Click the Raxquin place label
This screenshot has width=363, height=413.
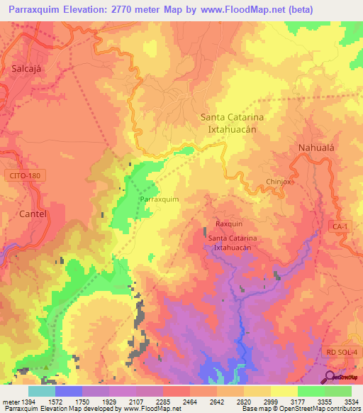click(x=228, y=223)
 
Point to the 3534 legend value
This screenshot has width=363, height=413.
click(x=352, y=402)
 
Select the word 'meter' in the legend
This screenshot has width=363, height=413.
click(x=10, y=402)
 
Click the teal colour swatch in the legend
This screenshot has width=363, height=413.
click(x=41, y=391)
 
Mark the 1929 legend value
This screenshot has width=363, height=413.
click(x=108, y=402)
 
